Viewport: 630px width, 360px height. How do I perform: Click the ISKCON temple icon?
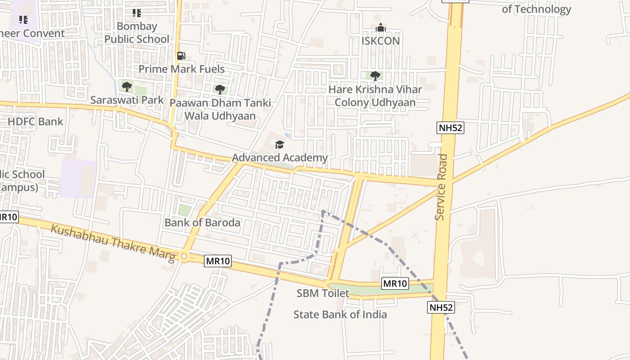pyautogui.click(x=381, y=28)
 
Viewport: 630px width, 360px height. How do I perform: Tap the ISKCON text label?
pyautogui.click(x=381, y=41)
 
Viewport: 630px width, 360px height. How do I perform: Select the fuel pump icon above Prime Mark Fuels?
pyautogui.click(x=181, y=56)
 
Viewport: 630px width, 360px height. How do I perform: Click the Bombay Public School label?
pyautogui.click(x=137, y=33)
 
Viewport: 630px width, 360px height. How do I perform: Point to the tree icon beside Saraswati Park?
pyautogui.click(x=127, y=86)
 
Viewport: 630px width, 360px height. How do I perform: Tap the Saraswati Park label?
pyautogui.click(x=127, y=100)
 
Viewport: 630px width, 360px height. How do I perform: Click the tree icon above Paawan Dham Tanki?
pyautogui.click(x=220, y=89)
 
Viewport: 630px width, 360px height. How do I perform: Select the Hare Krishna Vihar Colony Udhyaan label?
pyautogui.click(x=375, y=96)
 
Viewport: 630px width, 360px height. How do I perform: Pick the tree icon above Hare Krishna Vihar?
pyautogui.click(x=375, y=76)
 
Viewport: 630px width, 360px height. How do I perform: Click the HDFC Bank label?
pyautogui.click(x=36, y=121)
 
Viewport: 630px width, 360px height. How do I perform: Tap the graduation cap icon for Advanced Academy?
pyautogui.click(x=279, y=144)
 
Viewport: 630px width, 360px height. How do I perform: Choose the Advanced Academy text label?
pyautogui.click(x=279, y=157)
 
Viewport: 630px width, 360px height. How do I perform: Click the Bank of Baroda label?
pyautogui.click(x=202, y=222)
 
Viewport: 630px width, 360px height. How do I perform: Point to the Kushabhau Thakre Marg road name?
pyautogui.click(x=112, y=243)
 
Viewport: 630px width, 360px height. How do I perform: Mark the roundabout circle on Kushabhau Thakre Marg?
pyautogui.click(x=184, y=256)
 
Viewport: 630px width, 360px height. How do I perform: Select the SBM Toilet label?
pyautogui.click(x=323, y=293)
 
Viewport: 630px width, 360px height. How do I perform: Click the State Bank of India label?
pyautogui.click(x=340, y=314)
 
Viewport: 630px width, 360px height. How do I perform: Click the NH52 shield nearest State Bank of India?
pyautogui.click(x=441, y=307)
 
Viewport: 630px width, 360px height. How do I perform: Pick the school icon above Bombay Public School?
pyautogui.click(x=137, y=13)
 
